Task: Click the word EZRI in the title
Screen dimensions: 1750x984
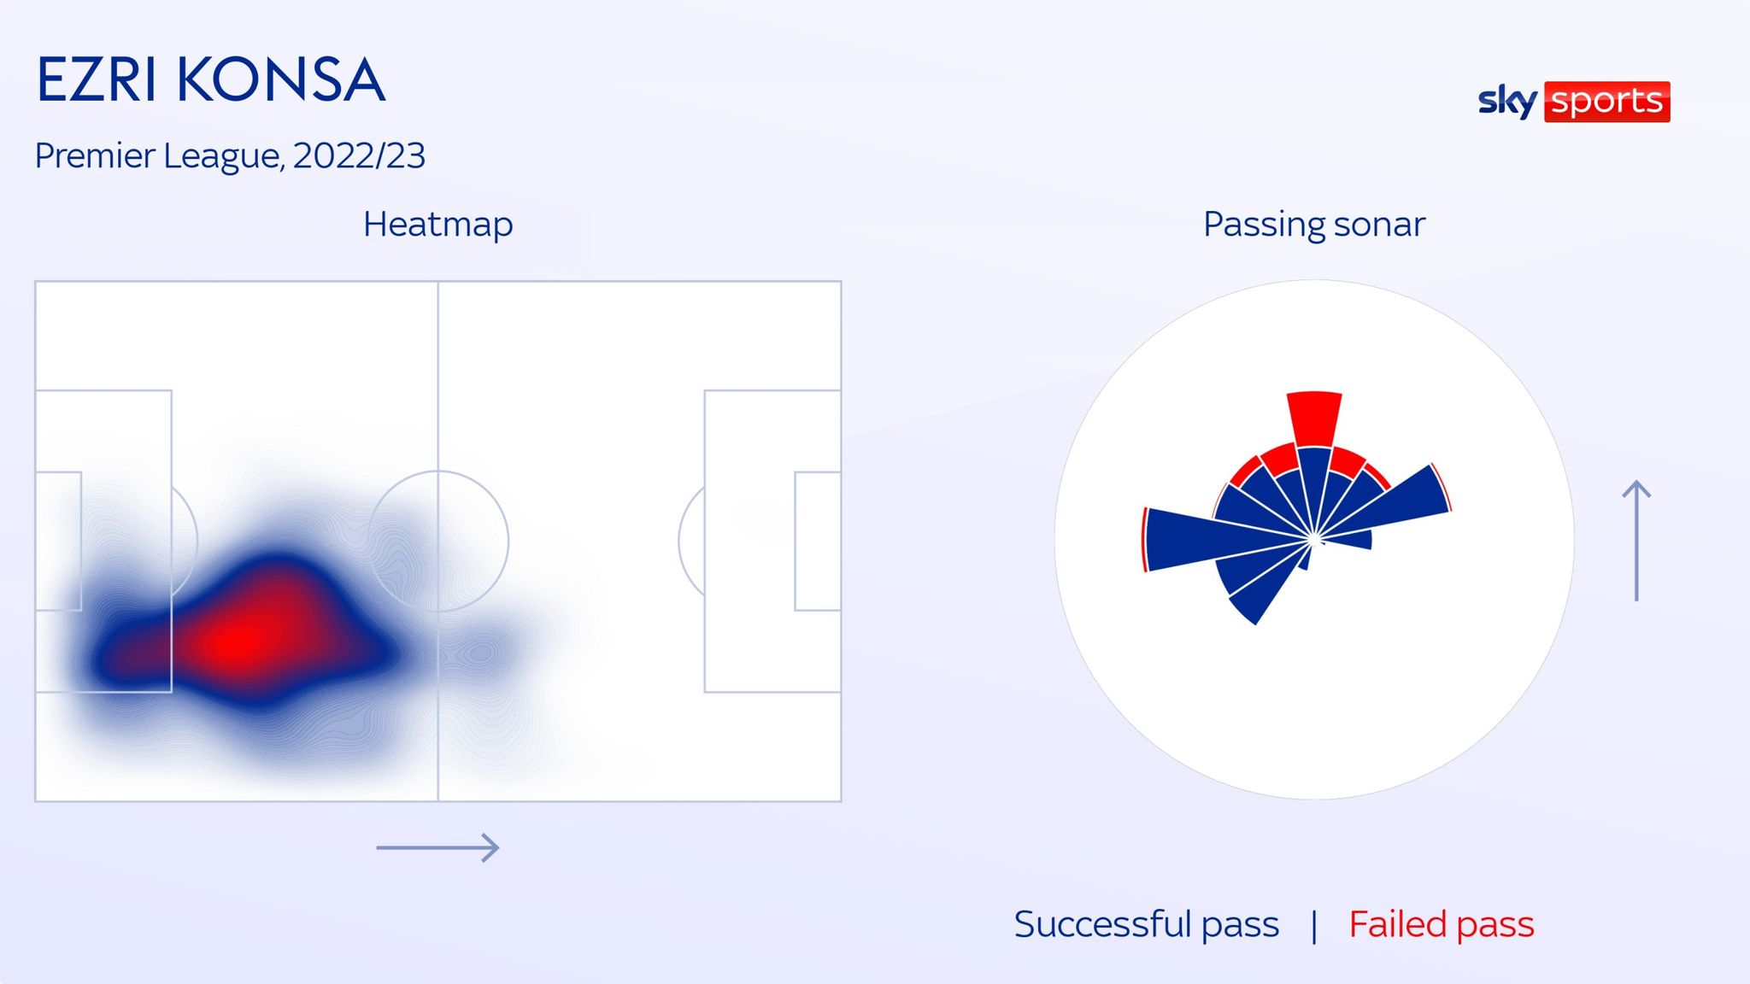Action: pos(97,80)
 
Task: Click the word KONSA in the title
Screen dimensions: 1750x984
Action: pos(281,80)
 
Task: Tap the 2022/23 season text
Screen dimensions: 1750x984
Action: pos(359,155)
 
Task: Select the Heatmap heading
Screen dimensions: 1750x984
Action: pos(437,225)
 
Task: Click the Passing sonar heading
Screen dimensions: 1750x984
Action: pos(1314,225)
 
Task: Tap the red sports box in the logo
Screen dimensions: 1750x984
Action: pos(1606,102)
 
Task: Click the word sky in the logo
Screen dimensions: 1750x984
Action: pos(1507,102)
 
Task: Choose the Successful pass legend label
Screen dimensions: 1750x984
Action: pos(1147,924)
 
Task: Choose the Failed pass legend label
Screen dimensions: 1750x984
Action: pos(1442,924)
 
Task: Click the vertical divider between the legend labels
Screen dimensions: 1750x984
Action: pos(1314,926)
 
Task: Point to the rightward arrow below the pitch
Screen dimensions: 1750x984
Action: pos(437,847)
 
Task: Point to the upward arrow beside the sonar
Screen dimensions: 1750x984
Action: pos(1636,541)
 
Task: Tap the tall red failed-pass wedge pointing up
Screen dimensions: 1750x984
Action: pos(1314,419)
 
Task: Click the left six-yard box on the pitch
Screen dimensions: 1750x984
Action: pos(81,541)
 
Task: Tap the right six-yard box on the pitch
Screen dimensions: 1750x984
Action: pos(795,541)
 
